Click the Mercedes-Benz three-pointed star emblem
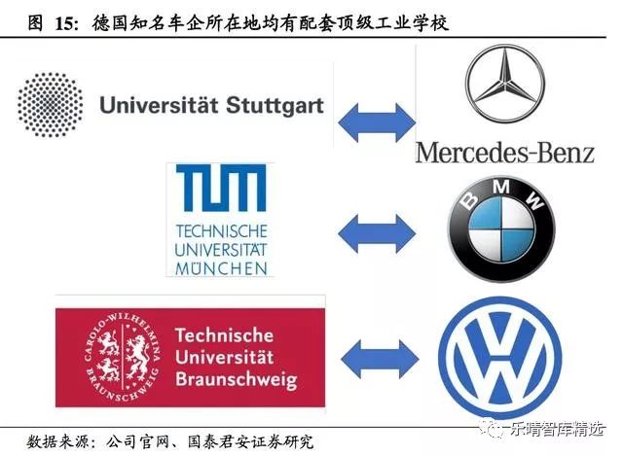(502, 85)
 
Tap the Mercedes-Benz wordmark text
(504, 152)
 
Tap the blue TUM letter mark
(221, 190)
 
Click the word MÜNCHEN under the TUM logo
(221, 266)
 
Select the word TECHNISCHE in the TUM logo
(221, 230)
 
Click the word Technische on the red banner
(225, 334)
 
